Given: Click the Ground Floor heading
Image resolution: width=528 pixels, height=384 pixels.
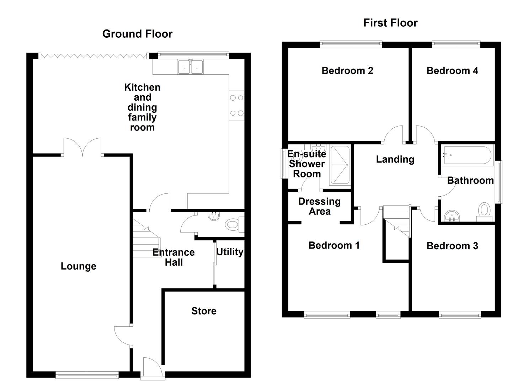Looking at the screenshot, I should [137, 34].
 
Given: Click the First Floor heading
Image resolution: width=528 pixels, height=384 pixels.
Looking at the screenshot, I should [390, 23].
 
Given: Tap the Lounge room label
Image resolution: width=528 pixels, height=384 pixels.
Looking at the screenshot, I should [78, 266].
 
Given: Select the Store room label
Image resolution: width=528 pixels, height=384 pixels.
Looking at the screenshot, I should [204, 311].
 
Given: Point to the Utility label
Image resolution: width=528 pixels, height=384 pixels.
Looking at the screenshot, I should [230, 252].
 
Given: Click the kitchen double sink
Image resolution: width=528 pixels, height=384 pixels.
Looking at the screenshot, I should [191, 67].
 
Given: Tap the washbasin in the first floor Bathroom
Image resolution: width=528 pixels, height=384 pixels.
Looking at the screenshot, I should [452, 216].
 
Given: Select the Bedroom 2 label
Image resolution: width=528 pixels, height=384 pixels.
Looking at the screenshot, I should [347, 71].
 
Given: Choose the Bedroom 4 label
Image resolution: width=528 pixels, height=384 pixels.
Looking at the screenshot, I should [452, 71].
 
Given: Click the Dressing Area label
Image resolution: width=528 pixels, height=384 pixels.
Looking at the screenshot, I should [319, 207].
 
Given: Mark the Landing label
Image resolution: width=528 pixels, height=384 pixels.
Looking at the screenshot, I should [395, 159].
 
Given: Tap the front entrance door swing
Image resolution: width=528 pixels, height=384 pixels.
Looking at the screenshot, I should [153, 366].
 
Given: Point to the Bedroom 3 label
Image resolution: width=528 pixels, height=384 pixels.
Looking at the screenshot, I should [452, 246].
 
